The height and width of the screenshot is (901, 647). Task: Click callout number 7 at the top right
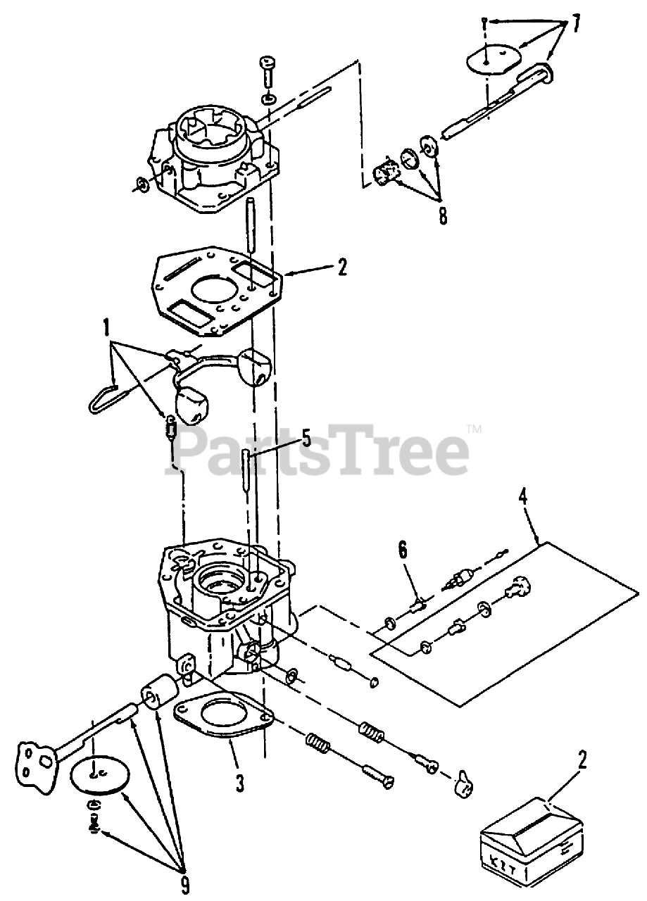(576, 25)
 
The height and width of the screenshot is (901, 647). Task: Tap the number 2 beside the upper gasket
(342, 267)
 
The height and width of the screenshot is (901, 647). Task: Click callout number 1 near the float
(106, 327)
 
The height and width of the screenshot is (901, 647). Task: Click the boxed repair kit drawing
(532, 838)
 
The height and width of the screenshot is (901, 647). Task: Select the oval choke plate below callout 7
(489, 59)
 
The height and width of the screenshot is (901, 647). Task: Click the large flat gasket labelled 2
(218, 289)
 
